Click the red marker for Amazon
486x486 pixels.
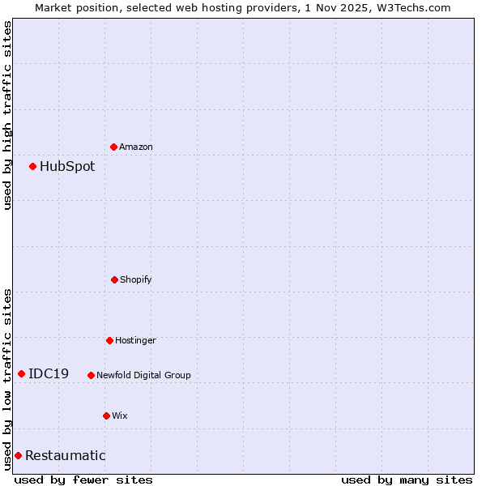tap(113, 147)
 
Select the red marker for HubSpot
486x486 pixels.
tap(32, 166)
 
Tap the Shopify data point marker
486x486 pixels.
tap(114, 279)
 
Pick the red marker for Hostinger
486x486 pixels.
tap(109, 340)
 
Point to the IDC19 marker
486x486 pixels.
tap(21, 373)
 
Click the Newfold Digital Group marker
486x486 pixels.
tap(91, 375)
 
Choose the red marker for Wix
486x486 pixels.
tap(106, 416)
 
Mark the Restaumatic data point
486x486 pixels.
tap(18, 455)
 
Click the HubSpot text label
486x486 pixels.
tap(67, 167)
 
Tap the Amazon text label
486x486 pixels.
tap(136, 147)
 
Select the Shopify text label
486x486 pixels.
tap(136, 280)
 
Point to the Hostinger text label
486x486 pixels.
tap(135, 341)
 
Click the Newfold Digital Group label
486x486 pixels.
tap(144, 376)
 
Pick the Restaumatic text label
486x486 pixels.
tap(66, 456)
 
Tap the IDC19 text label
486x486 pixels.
tap(49, 374)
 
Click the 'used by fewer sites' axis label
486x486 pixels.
tap(83, 480)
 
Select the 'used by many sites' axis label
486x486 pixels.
tap(407, 480)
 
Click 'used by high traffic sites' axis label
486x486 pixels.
tap(7, 115)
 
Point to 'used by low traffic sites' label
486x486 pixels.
tap(7, 379)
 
